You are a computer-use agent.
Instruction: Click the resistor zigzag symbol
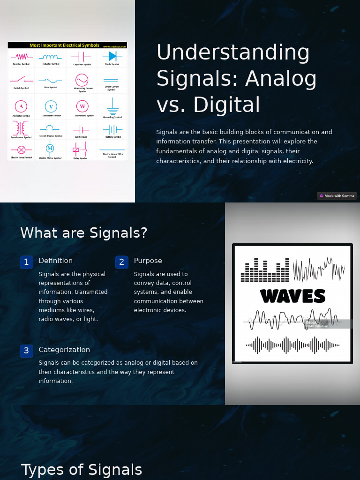pyautogui.click(x=21, y=56)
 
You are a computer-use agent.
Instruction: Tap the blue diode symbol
pyautogui.click(x=112, y=56)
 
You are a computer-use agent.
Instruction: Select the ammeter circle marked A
pyautogui.click(x=21, y=106)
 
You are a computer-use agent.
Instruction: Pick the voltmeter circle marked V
pyautogui.click(x=51, y=106)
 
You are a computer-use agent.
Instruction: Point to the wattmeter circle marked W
pyautogui.click(x=82, y=106)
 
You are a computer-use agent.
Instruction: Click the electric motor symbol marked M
pyautogui.click(x=50, y=149)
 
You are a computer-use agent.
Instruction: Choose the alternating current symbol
pyautogui.click(x=82, y=80)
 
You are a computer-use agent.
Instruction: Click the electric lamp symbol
pyautogui.click(x=21, y=150)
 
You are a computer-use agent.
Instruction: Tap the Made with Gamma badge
pyautogui.click(x=337, y=196)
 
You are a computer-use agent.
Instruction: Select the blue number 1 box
pyautogui.click(x=26, y=262)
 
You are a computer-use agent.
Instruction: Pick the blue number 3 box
pyautogui.click(x=26, y=351)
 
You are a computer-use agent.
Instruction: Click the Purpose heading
pyautogui.click(x=148, y=261)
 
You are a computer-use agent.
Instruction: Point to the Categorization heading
pyautogui.click(x=64, y=350)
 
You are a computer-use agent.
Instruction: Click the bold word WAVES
pyautogui.click(x=292, y=296)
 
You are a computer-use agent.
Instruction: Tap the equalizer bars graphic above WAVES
pyautogui.click(x=265, y=270)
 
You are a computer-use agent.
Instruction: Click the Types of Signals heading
pyautogui.click(x=82, y=470)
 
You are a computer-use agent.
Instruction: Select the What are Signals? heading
pyautogui.click(x=84, y=233)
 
